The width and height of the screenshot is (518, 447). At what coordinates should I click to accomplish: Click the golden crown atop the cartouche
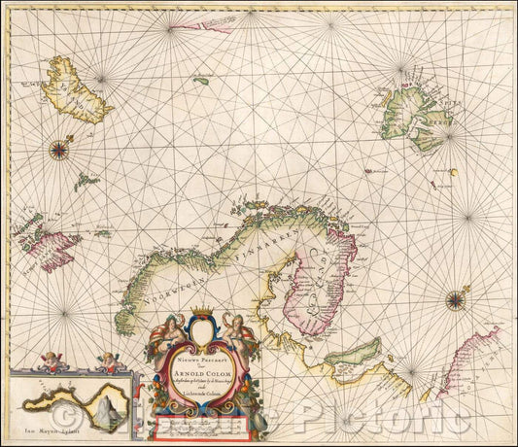click(202, 312)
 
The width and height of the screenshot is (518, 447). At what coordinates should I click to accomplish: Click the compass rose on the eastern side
click(455, 300)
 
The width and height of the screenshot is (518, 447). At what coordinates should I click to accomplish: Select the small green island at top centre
click(201, 81)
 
